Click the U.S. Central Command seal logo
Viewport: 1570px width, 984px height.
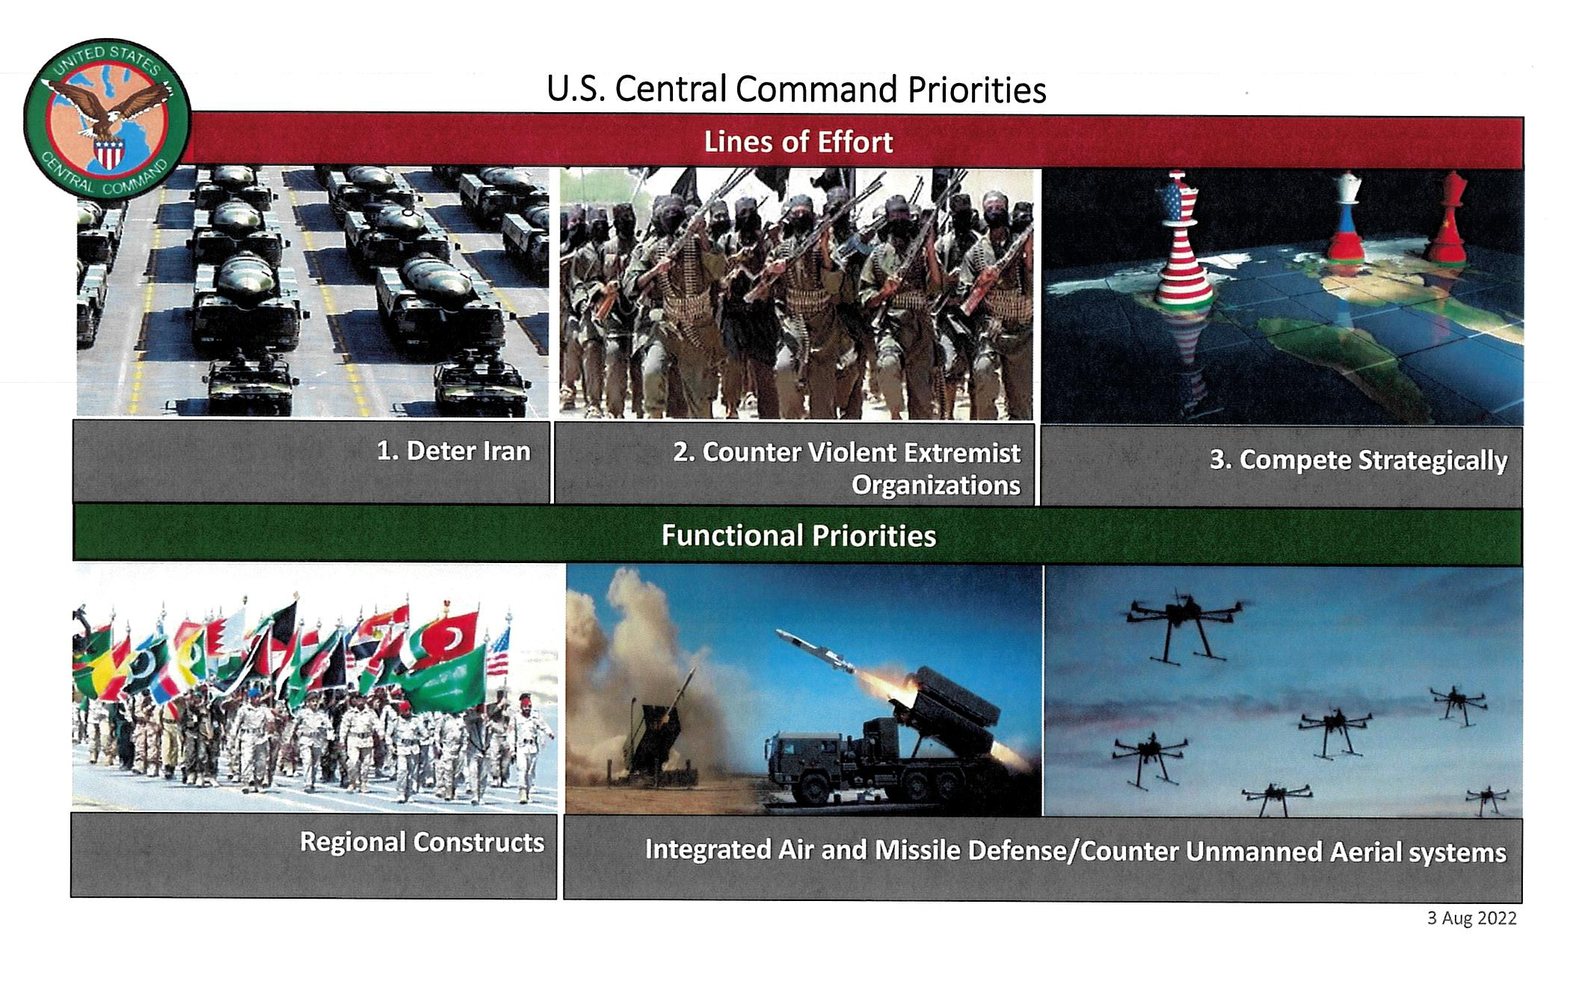tap(106, 120)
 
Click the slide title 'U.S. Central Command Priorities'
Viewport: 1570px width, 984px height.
tap(796, 89)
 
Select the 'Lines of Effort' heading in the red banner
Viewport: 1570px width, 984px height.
tap(798, 142)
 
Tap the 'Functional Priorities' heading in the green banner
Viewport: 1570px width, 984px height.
tap(798, 535)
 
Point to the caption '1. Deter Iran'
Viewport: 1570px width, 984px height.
tap(453, 451)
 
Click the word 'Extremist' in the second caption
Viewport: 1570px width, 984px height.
tap(961, 452)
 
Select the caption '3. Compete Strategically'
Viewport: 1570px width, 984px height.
tap(1358, 460)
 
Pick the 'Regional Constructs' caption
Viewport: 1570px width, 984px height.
tap(422, 842)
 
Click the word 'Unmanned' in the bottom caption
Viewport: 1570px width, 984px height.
tap(1254, 852)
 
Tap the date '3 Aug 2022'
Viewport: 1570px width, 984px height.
tap(1471, 918)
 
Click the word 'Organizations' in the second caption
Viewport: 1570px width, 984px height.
tap(936, 485)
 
